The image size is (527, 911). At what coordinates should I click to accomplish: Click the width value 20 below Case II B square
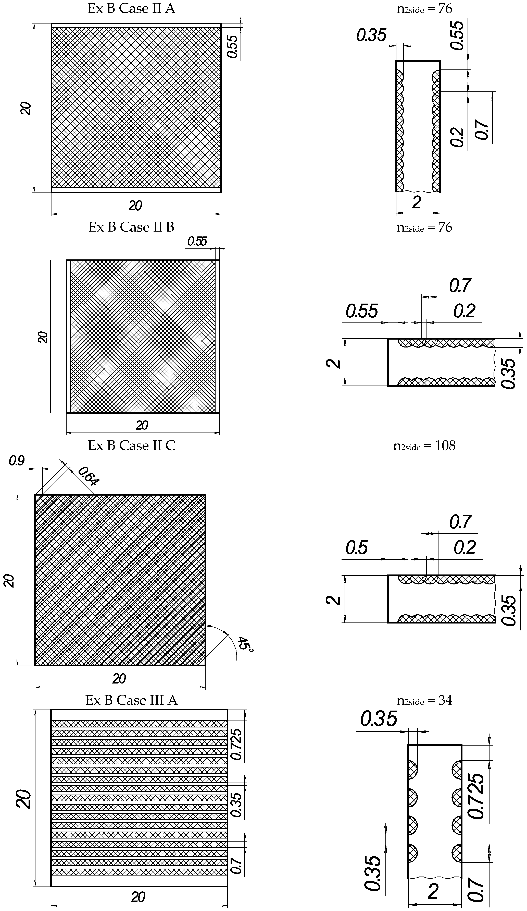[x=142, y=425]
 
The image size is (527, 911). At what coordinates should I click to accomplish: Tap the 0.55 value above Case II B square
[x=197, y=242]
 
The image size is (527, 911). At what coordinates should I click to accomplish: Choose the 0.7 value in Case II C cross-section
[x=460, y=522]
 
